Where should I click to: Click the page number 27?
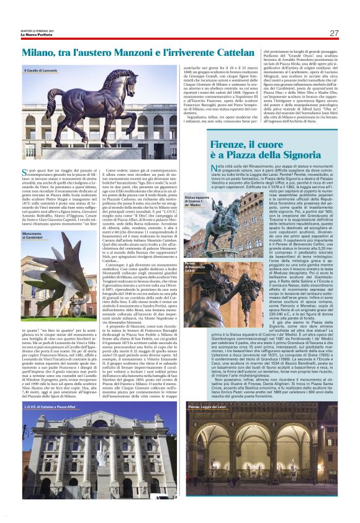point(334,33)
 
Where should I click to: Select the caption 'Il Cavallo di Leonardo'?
point(42,71)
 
